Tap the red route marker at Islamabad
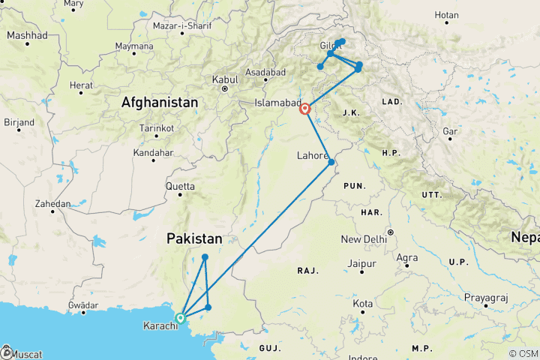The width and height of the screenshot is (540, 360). (305, 109)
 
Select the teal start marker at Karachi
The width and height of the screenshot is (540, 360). (180, 318)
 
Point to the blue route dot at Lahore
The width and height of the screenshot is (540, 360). (331, 162)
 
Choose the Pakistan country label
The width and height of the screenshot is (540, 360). (194, 239)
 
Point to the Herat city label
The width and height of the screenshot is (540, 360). (82, 85)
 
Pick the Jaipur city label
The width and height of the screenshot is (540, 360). (361, 263)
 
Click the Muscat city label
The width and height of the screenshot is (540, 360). (25, 354)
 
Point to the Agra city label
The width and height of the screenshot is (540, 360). (407, 258)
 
